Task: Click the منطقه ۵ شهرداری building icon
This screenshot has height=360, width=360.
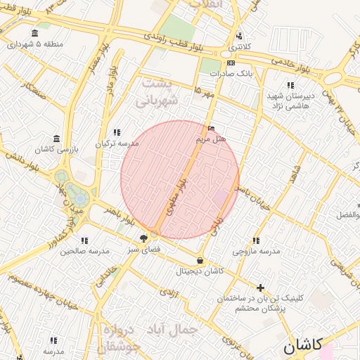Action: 35,33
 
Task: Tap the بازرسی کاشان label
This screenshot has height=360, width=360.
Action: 78,150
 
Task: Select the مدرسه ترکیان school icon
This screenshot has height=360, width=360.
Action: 117,131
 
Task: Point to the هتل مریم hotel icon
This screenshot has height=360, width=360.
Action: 212,129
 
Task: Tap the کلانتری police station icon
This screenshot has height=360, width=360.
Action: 240,36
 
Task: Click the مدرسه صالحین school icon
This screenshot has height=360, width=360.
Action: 84,240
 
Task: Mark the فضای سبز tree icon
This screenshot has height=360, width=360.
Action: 143,238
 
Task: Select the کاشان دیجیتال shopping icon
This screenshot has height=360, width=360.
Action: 200,260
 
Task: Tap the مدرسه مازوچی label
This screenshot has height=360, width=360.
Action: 256,251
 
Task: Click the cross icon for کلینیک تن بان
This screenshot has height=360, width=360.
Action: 261,288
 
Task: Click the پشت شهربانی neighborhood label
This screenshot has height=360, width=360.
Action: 162,91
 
